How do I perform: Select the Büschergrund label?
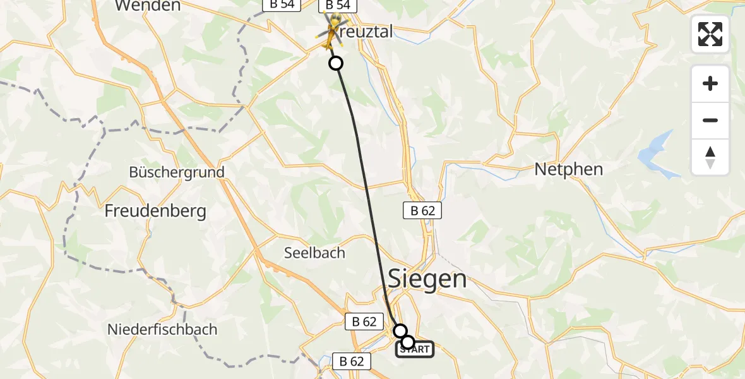[177, 172]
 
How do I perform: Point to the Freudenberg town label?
[156, 210]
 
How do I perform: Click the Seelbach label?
[314, 253]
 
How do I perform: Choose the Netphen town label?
[568, 169]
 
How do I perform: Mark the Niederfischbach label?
[162, 329]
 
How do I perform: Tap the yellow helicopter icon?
[331, 33]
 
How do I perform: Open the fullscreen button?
[710, 34]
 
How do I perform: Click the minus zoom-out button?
[710, 120]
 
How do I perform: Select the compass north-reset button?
[710, 157]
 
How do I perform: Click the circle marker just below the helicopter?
[336, 63]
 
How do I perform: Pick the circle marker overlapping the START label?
[408, 342]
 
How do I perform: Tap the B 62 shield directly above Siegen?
[422, 211]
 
